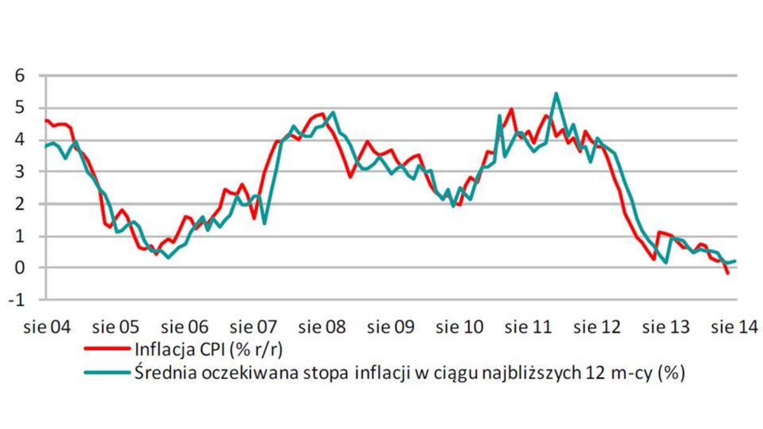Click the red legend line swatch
click(x=107, y=350)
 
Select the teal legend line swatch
click(x=107, y=373)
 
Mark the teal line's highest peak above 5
click(x=556, y=93)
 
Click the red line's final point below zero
click(x=728, y=273)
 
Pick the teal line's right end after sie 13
click(x=736, y=261)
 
